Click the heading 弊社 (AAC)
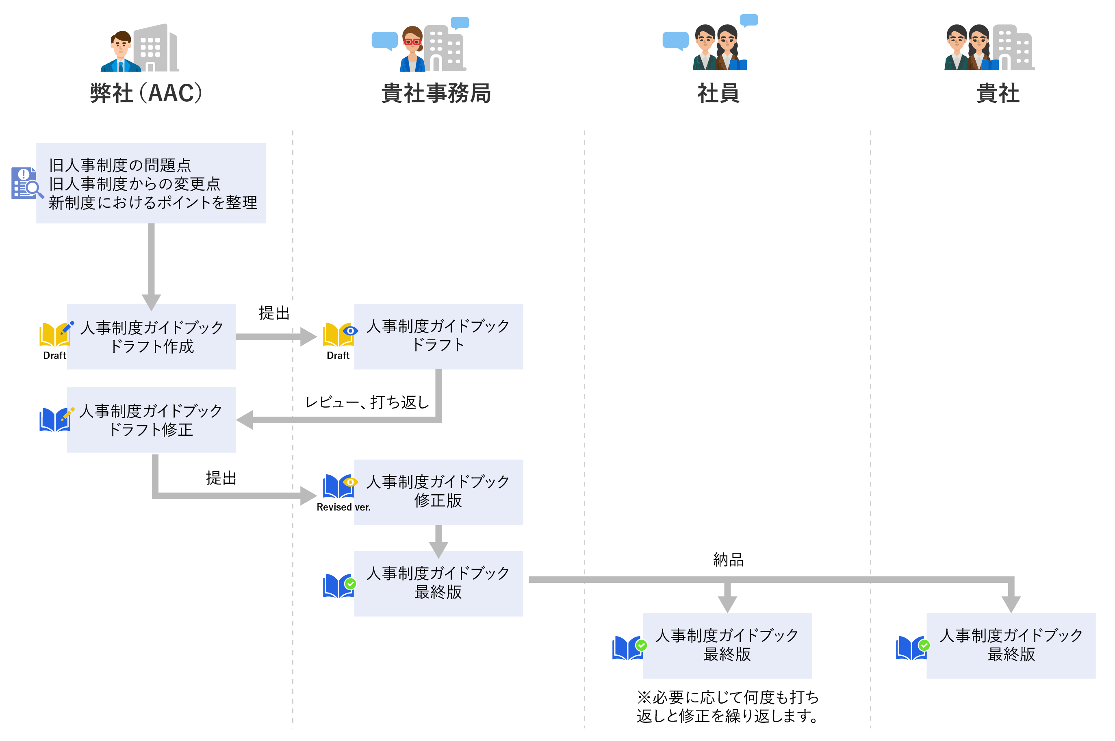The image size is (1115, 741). click(146, 93)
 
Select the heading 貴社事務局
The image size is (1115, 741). click(436, 93)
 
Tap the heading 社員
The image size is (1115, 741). click(718, 93)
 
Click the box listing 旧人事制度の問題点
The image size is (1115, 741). click(151, 183)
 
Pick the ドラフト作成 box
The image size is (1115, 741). click(151, 337)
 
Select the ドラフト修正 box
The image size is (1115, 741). click(151, 419)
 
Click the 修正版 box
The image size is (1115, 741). click(438, 492)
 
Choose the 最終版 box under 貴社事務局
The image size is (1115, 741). click(438, 583)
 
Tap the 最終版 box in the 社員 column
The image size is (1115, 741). click(727, 645)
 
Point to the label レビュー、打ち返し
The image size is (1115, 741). click(367, 402)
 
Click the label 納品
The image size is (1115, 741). click(728, 560)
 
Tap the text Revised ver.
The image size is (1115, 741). click(343, 507)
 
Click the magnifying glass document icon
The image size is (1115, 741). click(26, 183)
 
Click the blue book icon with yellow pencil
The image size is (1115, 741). click(56, 419)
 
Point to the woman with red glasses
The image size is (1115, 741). click(412, 50)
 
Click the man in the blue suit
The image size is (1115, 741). click(121, 52)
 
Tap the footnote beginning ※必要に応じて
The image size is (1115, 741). click(728, 706)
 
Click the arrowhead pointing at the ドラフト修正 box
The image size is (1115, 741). click(245, 419)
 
